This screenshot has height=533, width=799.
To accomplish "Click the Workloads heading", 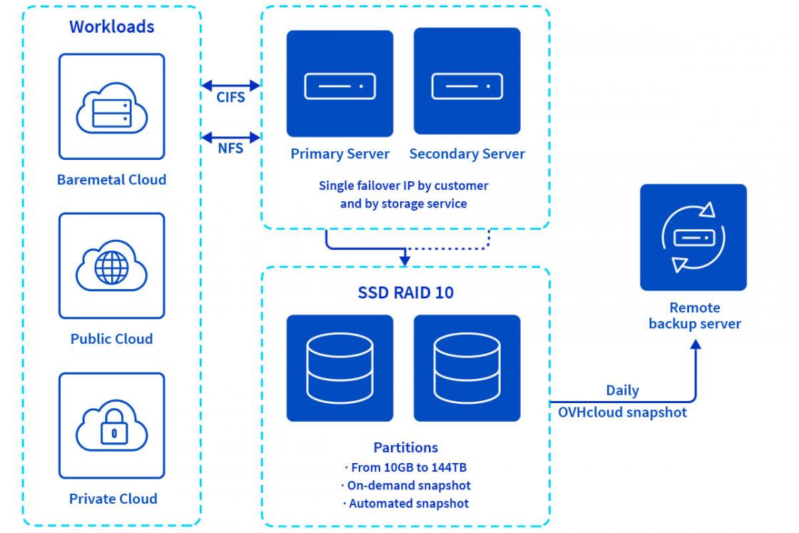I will pos(111,27).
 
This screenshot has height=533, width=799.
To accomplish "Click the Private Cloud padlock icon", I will pos(111,425).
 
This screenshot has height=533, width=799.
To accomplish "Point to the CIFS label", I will pos(230,98).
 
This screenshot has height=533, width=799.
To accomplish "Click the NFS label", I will pos(230,148).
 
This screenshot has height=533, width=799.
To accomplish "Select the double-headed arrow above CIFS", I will pos(231,85).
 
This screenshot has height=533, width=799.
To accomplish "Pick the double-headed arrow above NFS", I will pos(231,136).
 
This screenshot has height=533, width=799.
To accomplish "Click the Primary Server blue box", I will pos(340,83).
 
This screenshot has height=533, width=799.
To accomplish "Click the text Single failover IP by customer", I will pos(403,186).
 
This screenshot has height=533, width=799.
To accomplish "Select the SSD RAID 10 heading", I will pos(405,293).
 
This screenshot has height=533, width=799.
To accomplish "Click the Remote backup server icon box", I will pos(693,237).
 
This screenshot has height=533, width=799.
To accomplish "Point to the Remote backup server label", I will pos(694,316).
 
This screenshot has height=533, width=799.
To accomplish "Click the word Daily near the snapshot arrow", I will pos(622,390).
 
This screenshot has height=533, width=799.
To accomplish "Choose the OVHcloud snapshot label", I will pos(622,412).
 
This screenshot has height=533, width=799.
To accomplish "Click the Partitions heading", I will pos(405,447).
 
